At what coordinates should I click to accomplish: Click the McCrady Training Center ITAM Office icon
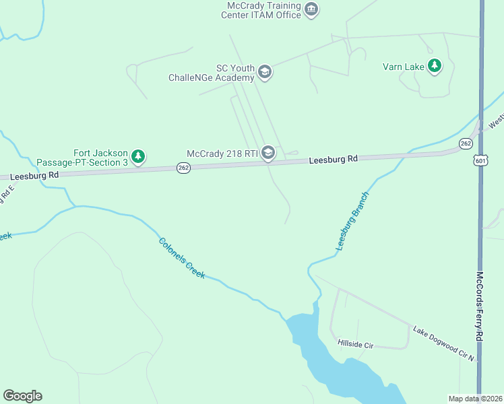click(311, 9)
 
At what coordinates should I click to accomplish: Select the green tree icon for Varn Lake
click(435, 65)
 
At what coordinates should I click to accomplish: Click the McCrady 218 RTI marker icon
click(268, 154)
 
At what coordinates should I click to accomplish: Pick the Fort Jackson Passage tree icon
click(138, 157)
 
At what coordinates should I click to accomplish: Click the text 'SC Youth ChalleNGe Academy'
click(211, 73)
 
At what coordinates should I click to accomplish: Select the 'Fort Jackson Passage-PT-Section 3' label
click(82, 158)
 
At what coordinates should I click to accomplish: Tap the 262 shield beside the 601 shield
click(466, 143)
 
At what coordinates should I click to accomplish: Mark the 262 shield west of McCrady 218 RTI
click(183, 168)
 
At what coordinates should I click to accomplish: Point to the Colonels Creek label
click(181, 259)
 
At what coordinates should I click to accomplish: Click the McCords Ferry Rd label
click(480, 315)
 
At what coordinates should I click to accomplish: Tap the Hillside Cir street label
click(355, 344)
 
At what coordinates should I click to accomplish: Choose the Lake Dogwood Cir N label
click(444, 343)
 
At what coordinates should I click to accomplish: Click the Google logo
click(22, 396)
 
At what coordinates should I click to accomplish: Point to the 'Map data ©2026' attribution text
click(475, 399)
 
